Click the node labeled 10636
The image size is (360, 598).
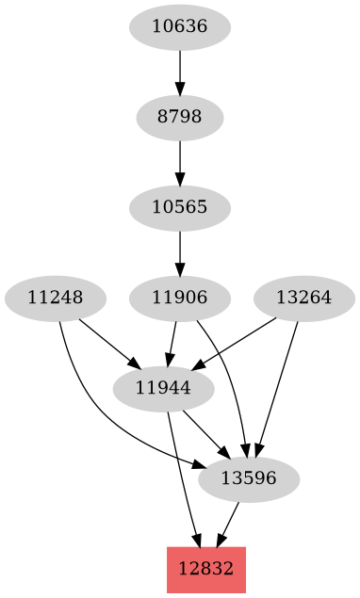click(x=179, y=26)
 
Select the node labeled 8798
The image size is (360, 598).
click(x=179, y=117)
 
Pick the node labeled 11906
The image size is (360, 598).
click(x=179, y=298)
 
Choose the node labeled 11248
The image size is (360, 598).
click(x=55, y=298)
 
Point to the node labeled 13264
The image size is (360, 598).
click(x=303, y=298)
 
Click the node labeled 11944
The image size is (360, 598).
click(x=162, y=388)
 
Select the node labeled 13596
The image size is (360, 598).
click(x=249, y=478)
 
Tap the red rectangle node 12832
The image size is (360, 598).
click(x=205, y=569)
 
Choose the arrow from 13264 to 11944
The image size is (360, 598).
click(x=236, y=343)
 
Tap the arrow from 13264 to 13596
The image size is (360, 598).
click(x=277, y=386)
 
